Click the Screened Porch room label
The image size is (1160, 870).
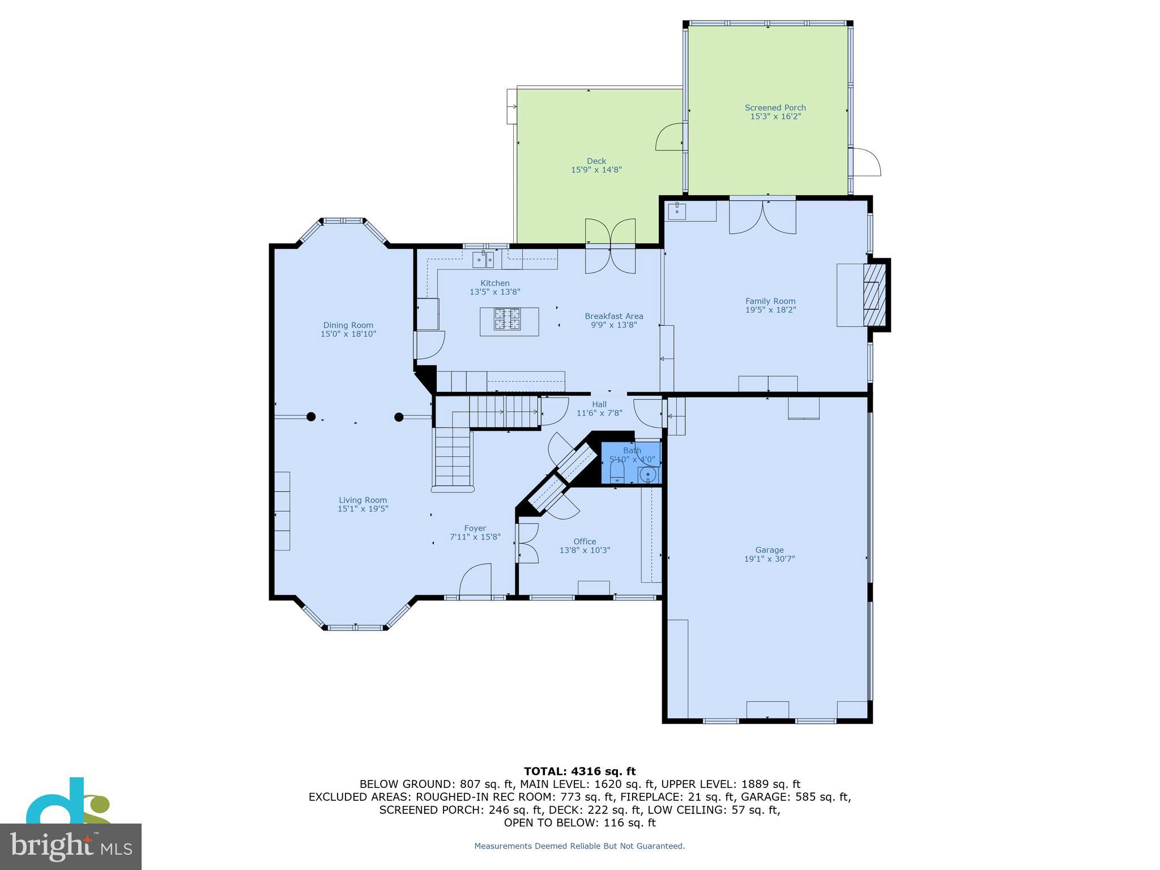pyautogui.click(x=775, y=108)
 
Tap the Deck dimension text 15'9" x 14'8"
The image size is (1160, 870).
pyautogui.click(x=596, y=170)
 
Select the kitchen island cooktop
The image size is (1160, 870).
pyautogui.click(x=508, y=318)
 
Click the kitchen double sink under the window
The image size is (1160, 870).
pyautogui.click(x=483, y=259)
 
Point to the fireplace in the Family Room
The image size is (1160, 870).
pyautogui.click(x=873, y=295)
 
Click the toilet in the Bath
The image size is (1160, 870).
pyautogui.click(x=617, y=472)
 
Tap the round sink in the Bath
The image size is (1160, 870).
pyautogui.click(x=648, y=474)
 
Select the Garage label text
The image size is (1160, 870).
pyautogui.click(x=769, y=550)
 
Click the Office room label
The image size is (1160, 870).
pyautogui.click(x=585, y=541)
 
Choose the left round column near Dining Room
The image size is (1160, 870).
pyautogui.click(x=311, y=417)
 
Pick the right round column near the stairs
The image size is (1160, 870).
pyautogui.click(x=399, y=417)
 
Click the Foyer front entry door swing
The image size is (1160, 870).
pyautogui.click(x=475, y=581)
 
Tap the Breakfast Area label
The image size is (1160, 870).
pyautogui.click(x=614, y=317)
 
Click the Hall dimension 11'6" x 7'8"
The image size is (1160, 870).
pyautogui.click(x=599, y=413)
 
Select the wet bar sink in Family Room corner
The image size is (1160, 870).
pyautogui.click(x=677, y=211)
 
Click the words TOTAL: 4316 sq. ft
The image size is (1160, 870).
pyautogui.click(x=579, y=771)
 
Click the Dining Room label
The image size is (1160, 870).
pyautogui.click(x=348, y=325)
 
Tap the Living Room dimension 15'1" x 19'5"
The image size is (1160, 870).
pyautogui.click(x=362, y=509)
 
